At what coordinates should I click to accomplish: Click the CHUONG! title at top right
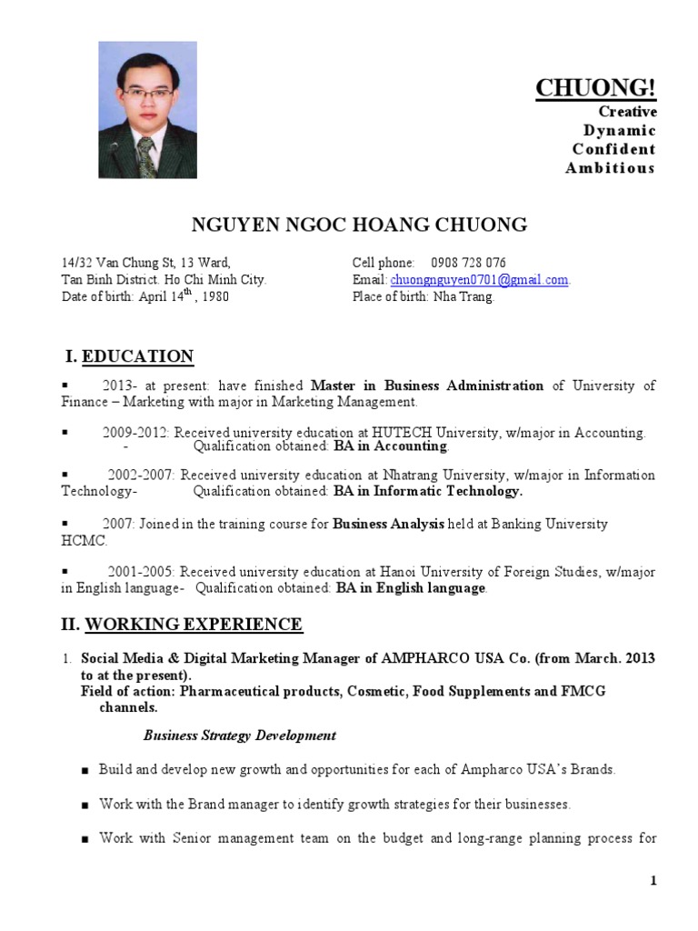[594, 88]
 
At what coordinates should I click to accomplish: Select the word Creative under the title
[626, 111]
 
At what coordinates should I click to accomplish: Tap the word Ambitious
[609, 168]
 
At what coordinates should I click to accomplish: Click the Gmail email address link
[479, 280]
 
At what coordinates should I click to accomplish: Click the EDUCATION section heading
[137, 356]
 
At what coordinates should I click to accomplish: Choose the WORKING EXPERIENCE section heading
[194, 625]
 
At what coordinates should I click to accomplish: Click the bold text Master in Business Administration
[427, 385]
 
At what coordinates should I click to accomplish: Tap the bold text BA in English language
[410, 588]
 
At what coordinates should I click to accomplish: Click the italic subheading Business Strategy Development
[240, 736]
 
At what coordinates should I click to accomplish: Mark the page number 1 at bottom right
[653, 880]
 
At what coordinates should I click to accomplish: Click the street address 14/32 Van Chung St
[119, 263]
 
